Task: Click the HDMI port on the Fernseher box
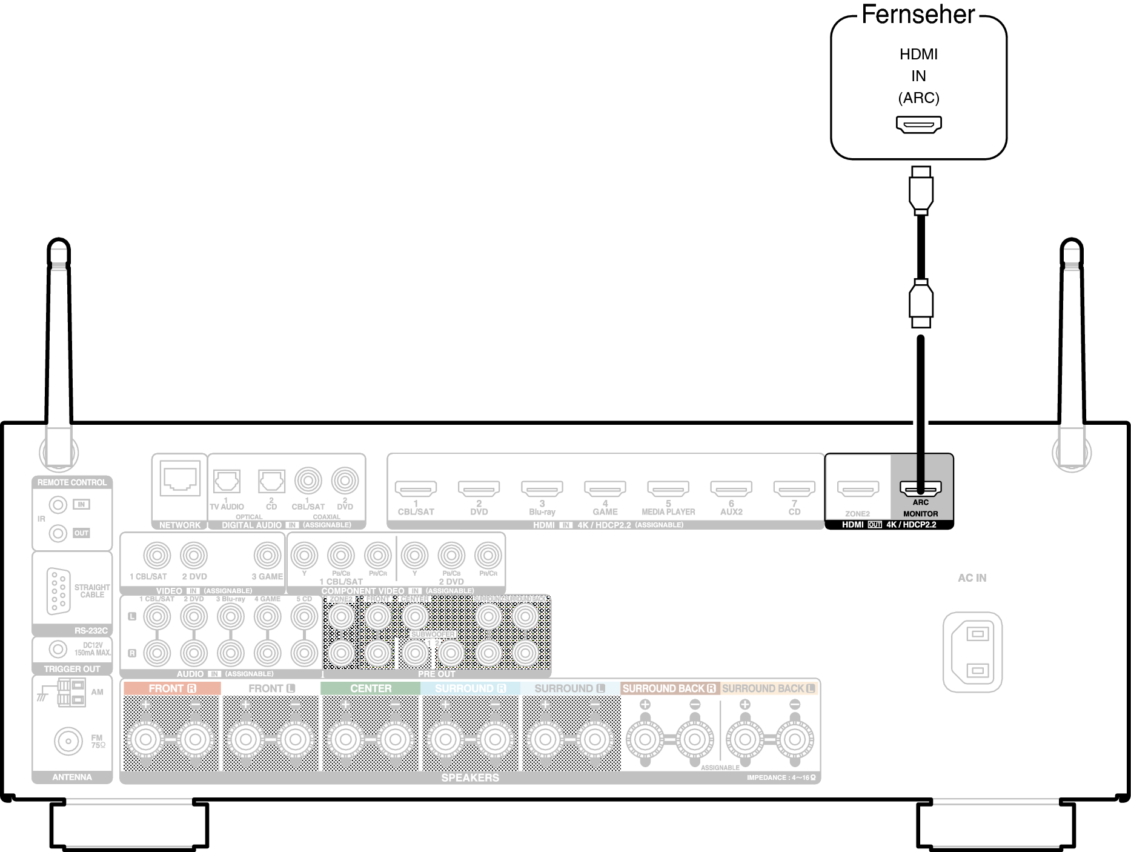tap(918, 124)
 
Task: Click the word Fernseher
tap(918, 15)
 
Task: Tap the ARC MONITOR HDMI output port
tap(920, 488)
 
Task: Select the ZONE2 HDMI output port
tap(857, 488)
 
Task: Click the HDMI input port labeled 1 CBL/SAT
tap(416, 488)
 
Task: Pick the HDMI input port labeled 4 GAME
tap(605, 488)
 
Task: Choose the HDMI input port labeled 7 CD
tap(794, 488)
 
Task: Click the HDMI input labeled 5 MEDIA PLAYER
tap(668, 488)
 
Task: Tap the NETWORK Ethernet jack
tap(180, 479)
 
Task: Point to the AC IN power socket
tap(972, 652)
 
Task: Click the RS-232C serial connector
tap(59, 591)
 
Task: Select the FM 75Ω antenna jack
tap(68, 741)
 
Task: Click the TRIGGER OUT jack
tap(58, 649)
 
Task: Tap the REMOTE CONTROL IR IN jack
tap(58, 504)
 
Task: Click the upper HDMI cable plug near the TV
tap(921, 190)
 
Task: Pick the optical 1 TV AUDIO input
tap(227, 482)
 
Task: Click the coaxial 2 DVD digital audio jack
tap(345, 481)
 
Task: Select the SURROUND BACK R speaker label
tap(669, 688)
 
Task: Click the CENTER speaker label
tap(371, 688)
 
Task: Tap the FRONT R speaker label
tap(172, 688)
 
